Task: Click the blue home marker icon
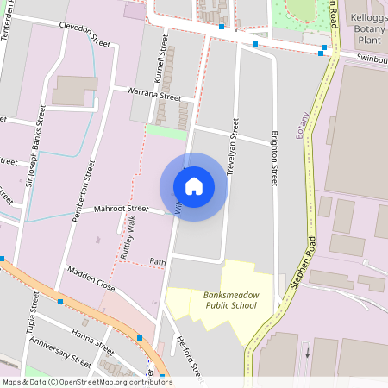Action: [x=194, y=186]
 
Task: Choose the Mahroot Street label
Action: [x=122, y=209]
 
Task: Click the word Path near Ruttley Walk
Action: [x=157, y=261]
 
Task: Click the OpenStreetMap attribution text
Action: [x=87, y=382]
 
